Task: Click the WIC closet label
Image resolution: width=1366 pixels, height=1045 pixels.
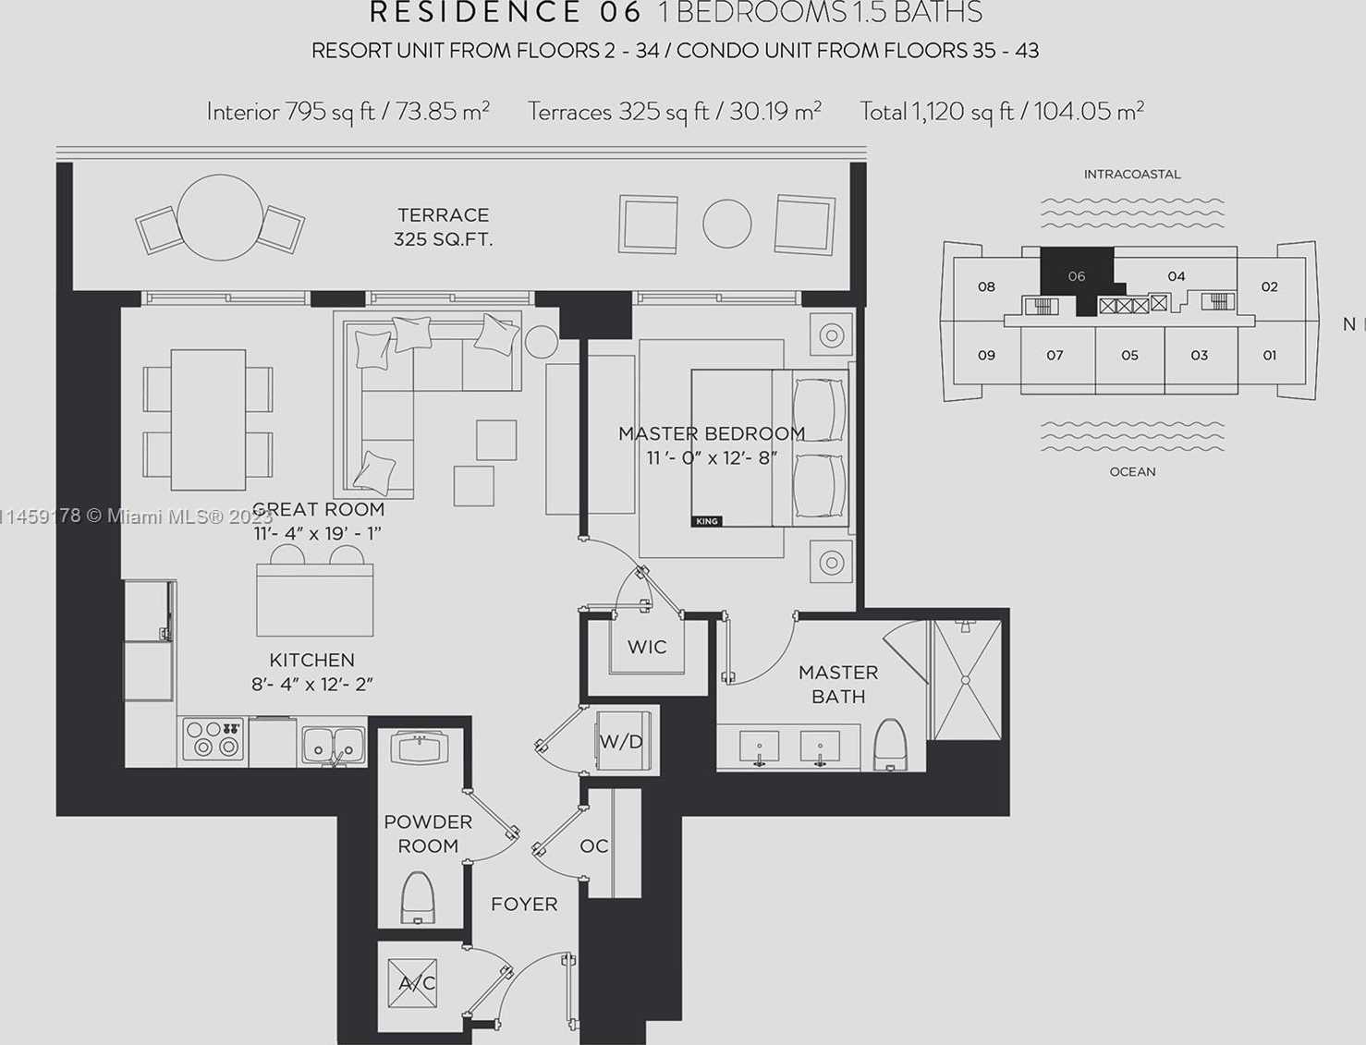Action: pyautogui.click(x=647, y=647)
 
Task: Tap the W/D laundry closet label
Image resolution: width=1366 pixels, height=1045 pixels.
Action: pyautogui.click(x=620, y=741)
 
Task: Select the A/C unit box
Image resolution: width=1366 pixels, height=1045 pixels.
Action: pyautogui.click(x=412, y=983)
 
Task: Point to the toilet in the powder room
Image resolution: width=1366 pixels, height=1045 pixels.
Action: pyautogui.click(x=418, y=898)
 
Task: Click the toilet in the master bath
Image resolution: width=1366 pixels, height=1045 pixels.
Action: pyautogui.click(x=891, y=745)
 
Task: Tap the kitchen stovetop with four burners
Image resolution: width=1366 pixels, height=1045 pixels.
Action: pyautogui.click(x=213, y=740)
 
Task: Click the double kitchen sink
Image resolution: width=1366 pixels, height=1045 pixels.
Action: pyautogui.click(x=334, y=745)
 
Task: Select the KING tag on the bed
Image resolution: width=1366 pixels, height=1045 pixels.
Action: pyautogui.click(x=707, y=521)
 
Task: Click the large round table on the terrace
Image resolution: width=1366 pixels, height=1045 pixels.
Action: pyautogui.click(x=220, y=217)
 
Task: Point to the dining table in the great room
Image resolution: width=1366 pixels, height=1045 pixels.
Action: pyautogui.click(x=208, y=419)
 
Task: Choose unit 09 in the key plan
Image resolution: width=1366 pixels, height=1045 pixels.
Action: pyautogui.click(x=986, y=355)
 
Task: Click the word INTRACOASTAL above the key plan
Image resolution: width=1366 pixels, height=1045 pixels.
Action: pyautogui.click(x=1132, y=175)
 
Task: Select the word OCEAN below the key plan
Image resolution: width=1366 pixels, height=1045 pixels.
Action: pyautogui.click(x=1132, y=472)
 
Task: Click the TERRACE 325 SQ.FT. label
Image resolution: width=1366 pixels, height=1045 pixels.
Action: pyautogui.click(x=443, y=227)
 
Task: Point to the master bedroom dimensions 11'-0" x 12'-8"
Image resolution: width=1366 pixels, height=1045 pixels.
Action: pyautogui.click(x=712, y=458)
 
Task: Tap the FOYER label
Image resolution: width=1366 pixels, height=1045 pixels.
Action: pyautogui.click(x=524, y=905)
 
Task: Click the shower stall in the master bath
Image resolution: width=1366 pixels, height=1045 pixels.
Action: pyautogui.click(x=965, y=680)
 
